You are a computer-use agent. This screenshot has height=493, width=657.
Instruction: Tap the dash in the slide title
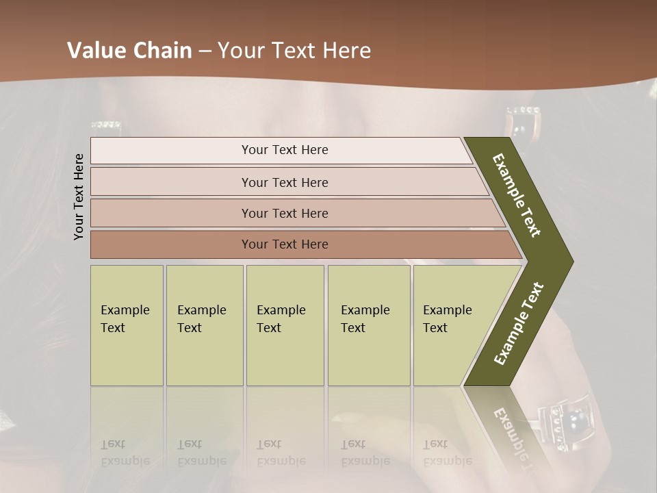pos(205,51)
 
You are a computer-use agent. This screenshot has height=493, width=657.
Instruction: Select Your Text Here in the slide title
pos(294,51)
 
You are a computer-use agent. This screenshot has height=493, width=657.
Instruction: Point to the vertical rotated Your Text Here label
pos(79,197)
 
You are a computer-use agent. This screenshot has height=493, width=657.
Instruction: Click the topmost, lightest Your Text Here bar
pos(285,150)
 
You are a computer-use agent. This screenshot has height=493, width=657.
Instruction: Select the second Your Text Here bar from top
pos(285,182)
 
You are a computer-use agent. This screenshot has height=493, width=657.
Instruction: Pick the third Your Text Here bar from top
pos(285,213)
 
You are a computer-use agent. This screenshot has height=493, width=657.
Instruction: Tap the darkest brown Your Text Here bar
pos(285,244)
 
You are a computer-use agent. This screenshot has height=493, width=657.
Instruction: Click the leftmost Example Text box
pos(127,325)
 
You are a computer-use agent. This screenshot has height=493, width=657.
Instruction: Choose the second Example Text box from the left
pos(204,325)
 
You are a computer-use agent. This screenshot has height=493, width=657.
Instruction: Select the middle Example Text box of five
pos(285,325)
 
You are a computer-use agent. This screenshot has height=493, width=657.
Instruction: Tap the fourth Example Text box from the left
pos(368,325)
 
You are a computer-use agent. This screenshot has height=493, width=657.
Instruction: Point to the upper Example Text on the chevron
pos(517,194)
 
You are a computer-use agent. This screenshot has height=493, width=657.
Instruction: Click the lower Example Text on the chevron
pos(519,324)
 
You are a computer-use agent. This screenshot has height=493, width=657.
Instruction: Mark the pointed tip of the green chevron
pos(571,261)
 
